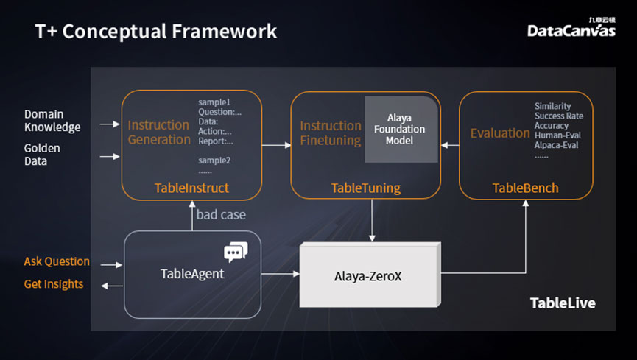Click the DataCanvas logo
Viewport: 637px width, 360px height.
[x=571, y=28]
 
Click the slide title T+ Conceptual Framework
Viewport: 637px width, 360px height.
[x=156, y=32]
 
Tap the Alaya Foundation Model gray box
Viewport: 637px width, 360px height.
[x=401, y=130]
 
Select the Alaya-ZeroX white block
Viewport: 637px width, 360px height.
[x=370, y=275]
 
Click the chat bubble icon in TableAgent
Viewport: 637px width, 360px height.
[x=236, y=252]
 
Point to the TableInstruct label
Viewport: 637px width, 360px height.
[x=191, y=188]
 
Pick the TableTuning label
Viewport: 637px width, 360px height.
[x=365, y=188]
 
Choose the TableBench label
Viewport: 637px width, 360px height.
[x=525, y=188]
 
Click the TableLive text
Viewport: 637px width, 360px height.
[x=563, y=303]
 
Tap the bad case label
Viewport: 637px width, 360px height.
[x=221, y=214]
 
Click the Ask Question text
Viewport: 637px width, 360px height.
[x=57, y=261]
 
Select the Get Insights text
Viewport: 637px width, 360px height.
[x=54, y=284]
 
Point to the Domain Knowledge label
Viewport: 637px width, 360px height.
[x=52, y=121]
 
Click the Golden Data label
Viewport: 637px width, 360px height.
[x=42, y=155]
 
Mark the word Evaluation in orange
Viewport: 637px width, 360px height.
[x=500, y=133]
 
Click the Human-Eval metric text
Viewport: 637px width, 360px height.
[x=557, y=135]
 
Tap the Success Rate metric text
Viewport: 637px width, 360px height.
[x=559, y=116]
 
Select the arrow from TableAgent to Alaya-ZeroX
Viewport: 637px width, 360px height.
[x=281, y=274]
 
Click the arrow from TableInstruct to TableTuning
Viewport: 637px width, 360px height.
[x=277, y=145]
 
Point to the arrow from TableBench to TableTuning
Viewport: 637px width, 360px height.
[x=450, y=145]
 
